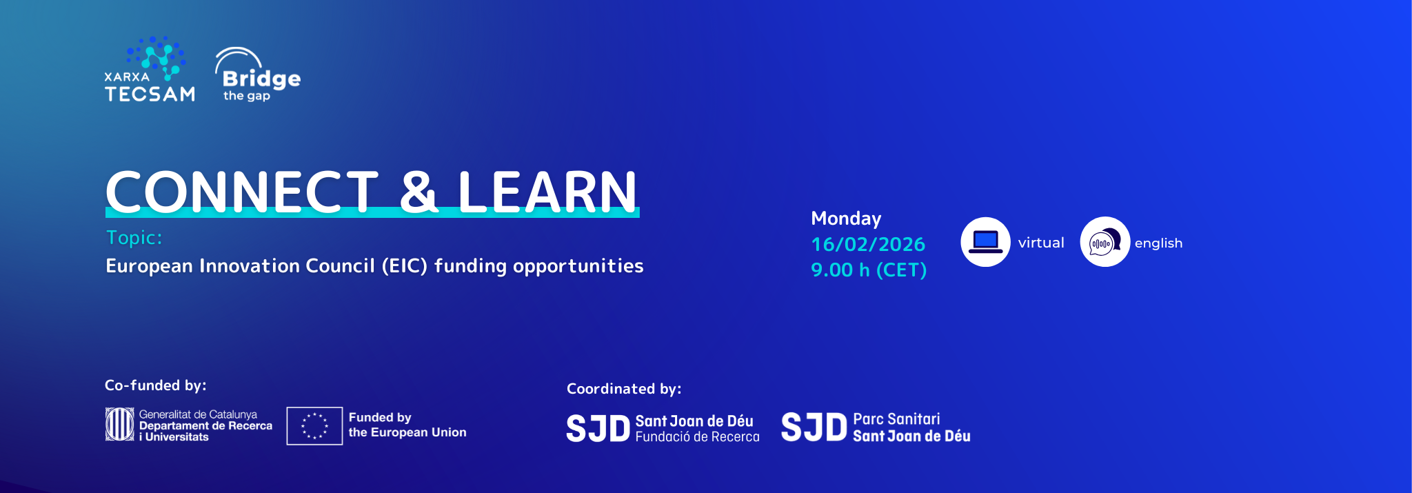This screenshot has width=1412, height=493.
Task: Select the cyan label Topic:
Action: point(134,237)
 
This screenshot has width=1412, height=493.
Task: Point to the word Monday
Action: point(846,219)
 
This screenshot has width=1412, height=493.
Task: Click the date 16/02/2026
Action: point(868,244)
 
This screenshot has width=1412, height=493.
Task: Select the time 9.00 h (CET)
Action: point(869,270)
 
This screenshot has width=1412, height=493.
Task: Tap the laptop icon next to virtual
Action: point(985,242)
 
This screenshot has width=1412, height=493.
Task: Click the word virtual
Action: point(1041,243)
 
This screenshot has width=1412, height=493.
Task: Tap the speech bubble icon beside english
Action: point(1105,242)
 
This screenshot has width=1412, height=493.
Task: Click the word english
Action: point(1158,243)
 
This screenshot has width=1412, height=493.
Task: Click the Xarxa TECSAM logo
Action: point(150,70)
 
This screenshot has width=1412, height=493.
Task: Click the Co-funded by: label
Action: point(156,385)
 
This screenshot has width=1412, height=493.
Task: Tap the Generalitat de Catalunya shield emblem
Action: point(119,424)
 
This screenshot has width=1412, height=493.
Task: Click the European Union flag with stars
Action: point(314,426)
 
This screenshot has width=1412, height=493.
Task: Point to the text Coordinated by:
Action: point(624,389)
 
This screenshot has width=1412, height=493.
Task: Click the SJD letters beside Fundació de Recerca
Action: point(598,429)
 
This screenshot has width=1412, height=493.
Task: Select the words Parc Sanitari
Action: point(896,419)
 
